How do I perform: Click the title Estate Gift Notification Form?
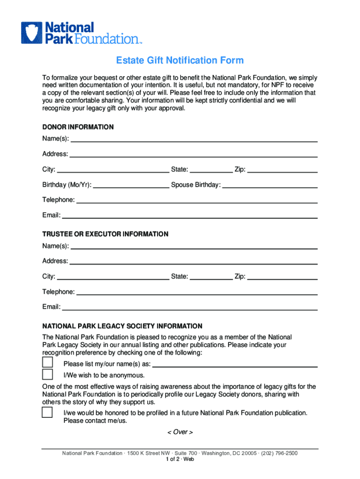pos(180,61)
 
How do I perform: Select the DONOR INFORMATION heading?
pos(78,127)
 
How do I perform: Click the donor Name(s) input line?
pos(194,139)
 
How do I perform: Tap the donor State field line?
pos(211,170)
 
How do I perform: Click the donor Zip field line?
pos(282,170)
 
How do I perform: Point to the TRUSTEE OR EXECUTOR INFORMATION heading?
pos(105,234)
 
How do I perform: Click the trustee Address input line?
pos(194,261)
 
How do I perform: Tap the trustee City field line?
pos(113,277)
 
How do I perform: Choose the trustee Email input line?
pos(190,308)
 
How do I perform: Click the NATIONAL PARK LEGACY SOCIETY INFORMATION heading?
pos(122,326)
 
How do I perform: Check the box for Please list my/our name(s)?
pos(47,363)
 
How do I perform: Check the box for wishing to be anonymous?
pos(47,375)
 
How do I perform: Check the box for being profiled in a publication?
pos(47,412)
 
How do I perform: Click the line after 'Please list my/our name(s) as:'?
pos(235,365)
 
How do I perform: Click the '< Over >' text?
pos(180,432)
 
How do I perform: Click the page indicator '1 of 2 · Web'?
pos(180,459)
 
